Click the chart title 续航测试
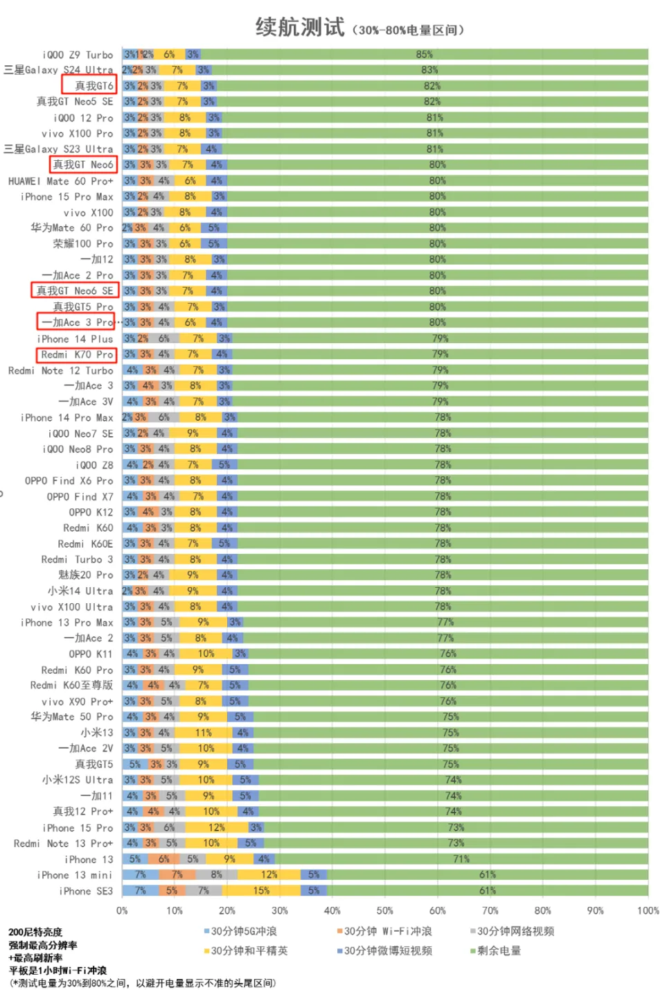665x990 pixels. coord(299,27)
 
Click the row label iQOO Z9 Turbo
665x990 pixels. coord(78,55)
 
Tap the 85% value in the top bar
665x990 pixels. coord(424,54)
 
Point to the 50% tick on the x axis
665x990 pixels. coord(384,910)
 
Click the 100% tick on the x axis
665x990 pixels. coord(648,910)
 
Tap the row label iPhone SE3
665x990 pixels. coord(86,891)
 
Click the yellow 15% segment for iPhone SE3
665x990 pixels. coord(261,891)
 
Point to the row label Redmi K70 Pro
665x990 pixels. coord(77,354)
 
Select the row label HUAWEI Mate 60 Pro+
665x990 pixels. coord(61,181)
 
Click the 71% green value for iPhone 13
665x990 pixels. coord(461,859)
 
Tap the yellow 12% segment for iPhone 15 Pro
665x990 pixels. coord(216,827)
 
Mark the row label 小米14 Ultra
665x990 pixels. coord(80,591)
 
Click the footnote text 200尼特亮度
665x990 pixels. coord(35,932)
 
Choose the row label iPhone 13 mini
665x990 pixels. coord(75,875)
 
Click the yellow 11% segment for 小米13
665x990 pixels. coord(203,732)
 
